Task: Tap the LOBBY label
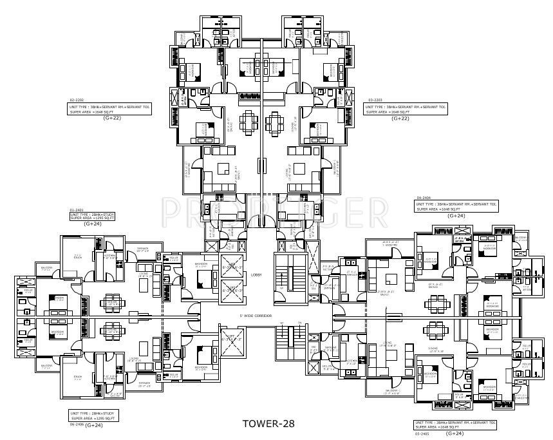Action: pos(256,274)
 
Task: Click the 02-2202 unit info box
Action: pos(109,109)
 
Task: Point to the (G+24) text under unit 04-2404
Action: pos(455,216)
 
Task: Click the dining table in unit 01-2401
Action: pos(111,301)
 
